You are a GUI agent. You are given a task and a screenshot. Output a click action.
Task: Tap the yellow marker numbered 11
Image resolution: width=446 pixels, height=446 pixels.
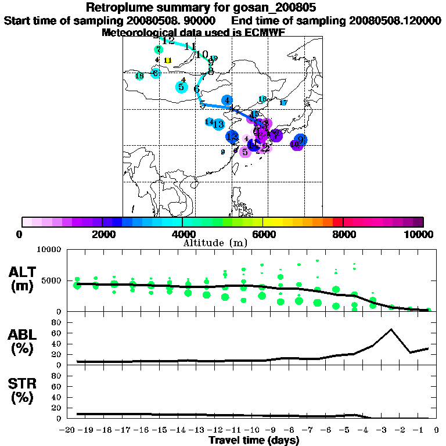[168, 60]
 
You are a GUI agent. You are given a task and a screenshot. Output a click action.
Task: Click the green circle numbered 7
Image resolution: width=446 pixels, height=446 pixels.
[159, 50]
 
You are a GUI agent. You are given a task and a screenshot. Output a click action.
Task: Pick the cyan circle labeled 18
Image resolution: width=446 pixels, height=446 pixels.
[139, 76]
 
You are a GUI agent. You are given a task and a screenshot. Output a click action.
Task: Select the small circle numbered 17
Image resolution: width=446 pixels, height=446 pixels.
[283, 103]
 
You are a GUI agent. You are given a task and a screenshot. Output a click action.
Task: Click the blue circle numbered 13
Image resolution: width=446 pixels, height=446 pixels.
[218, 124]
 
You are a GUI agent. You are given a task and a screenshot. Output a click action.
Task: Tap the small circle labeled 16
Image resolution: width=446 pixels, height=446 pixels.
[262, 99]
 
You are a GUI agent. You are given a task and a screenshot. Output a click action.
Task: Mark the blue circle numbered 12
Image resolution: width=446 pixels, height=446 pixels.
[232, 137]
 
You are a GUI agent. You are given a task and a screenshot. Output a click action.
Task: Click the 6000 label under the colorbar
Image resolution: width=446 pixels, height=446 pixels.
[262, 234]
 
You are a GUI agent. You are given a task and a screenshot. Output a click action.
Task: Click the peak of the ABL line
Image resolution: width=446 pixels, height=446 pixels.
[391, 329]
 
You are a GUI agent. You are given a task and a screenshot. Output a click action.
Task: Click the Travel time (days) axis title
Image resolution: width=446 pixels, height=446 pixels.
[254, 441]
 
